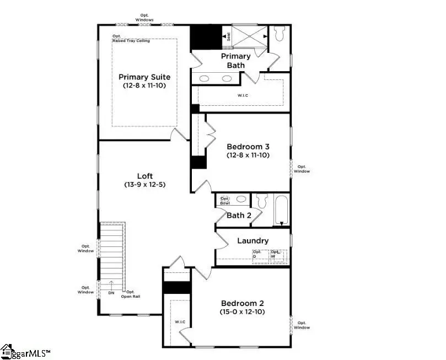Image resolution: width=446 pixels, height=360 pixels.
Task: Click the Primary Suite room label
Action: click(144, 77)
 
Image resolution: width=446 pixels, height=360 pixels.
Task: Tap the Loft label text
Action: click(144, 176)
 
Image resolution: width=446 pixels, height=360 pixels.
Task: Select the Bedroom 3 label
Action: click(248, 147)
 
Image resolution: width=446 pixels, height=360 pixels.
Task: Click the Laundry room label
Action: click(252, 241)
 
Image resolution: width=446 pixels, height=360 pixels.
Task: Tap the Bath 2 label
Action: click(239, 215)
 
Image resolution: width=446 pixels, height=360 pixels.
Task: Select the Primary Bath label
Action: click(236, 61)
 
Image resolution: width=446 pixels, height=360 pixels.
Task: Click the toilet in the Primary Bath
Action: click(278, 35)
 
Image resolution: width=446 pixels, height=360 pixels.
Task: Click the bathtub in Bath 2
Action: click(281, 209)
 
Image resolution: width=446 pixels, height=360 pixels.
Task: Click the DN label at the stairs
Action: click(110, 293)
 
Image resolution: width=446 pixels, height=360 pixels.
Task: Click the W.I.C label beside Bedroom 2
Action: click(180, 321)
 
